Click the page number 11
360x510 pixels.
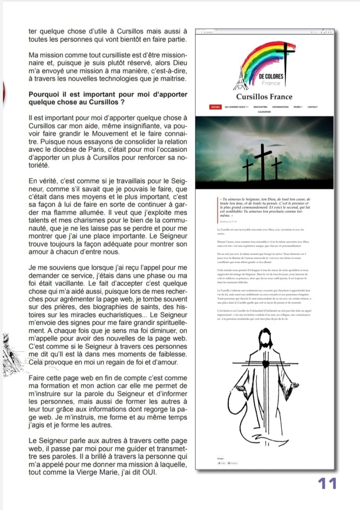(327, 483)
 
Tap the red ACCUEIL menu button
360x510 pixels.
(215, 107)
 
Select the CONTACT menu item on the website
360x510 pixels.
(312, 107)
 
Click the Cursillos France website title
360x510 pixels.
(264, 97)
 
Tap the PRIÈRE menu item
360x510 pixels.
(298, 107)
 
